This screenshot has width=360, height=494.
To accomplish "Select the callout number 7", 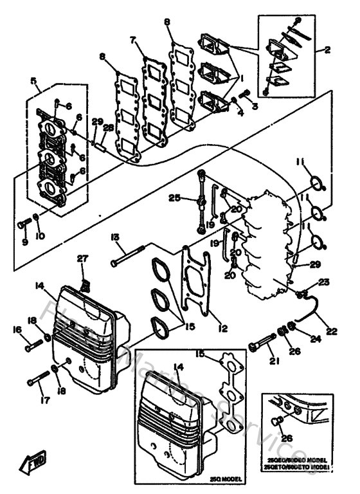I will [134, 40].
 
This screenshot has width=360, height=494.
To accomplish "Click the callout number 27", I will [82, 259].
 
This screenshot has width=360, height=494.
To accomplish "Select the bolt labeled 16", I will [35, 347].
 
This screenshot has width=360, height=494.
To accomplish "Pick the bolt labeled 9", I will [25, 223].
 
